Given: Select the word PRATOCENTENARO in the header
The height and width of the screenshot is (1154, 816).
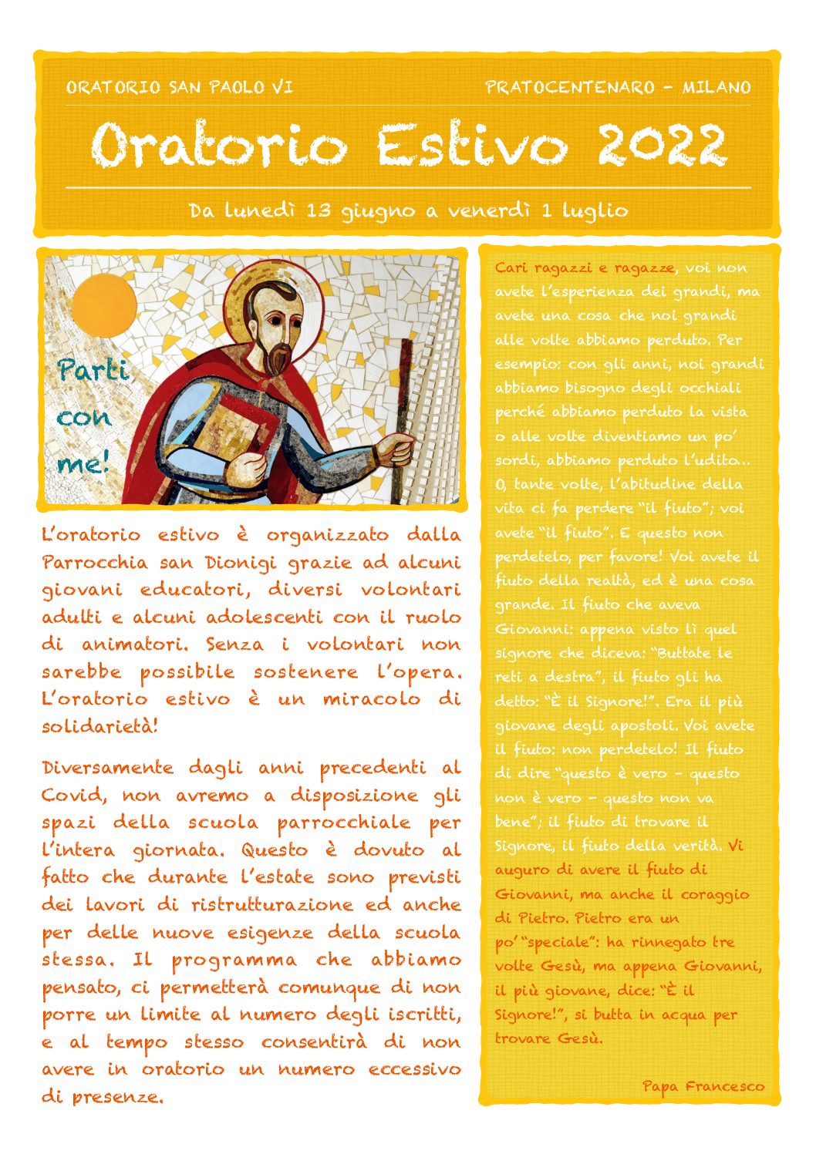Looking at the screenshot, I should coord(570,87).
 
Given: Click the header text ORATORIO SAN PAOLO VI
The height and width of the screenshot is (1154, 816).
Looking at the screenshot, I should coord(179,87).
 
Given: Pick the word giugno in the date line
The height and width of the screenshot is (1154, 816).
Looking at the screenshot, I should coord(378,210).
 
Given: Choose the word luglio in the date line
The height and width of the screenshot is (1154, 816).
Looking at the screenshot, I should coord(595,210).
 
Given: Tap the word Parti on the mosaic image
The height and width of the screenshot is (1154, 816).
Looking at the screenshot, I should coord(93,371).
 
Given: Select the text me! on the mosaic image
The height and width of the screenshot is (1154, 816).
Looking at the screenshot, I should coord(83,463).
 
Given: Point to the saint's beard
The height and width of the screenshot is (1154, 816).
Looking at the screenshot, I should coord(276,356).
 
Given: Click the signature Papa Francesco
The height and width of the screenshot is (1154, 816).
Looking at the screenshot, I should coord(703,1086).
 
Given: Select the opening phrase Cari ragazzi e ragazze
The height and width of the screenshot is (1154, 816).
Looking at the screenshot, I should coord(585,267).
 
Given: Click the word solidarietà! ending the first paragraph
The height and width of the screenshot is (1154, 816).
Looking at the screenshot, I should coord(99,726).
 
